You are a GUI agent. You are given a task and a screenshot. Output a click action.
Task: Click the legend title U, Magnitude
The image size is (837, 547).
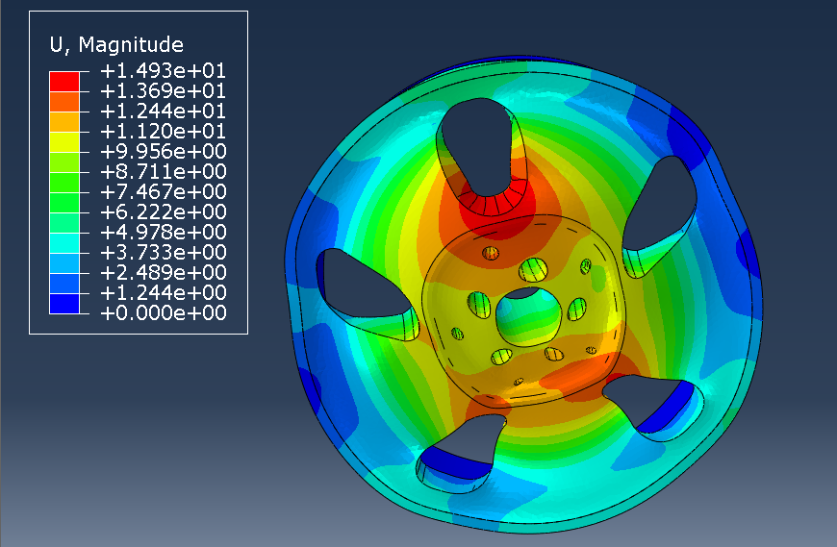[116, 45]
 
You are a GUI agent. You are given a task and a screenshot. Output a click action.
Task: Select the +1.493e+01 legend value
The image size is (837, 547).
[163, 71]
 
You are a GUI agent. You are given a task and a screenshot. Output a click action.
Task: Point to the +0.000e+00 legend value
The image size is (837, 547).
[163, 313]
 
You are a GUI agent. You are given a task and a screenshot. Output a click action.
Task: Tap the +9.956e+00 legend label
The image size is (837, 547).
[163, 152]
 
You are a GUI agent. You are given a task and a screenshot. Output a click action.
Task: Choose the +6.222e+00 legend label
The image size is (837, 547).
[163, 212]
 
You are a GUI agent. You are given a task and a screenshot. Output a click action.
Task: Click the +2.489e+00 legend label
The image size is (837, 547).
[163, 272]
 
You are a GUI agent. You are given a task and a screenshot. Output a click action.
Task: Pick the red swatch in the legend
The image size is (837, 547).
[64, 82]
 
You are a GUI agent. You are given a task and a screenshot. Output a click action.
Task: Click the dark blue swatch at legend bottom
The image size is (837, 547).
[64, 304]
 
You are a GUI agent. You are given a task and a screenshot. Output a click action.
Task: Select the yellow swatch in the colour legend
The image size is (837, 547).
[64, 142]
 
